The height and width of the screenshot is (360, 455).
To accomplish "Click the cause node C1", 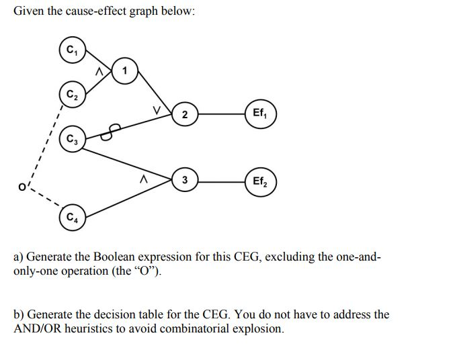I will (x=71, y=50).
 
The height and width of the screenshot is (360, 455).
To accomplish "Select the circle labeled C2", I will (x=72, y=95).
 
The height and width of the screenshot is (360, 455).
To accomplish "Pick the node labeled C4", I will (x=71, y=217).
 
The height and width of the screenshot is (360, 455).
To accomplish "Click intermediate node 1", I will (x=126, y=71).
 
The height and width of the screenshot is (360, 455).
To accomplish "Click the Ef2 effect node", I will (x=260, y=181).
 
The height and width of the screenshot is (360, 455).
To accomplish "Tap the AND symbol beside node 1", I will (x=99, y=69).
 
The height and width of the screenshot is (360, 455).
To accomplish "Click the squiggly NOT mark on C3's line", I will (x=110, y=131).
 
